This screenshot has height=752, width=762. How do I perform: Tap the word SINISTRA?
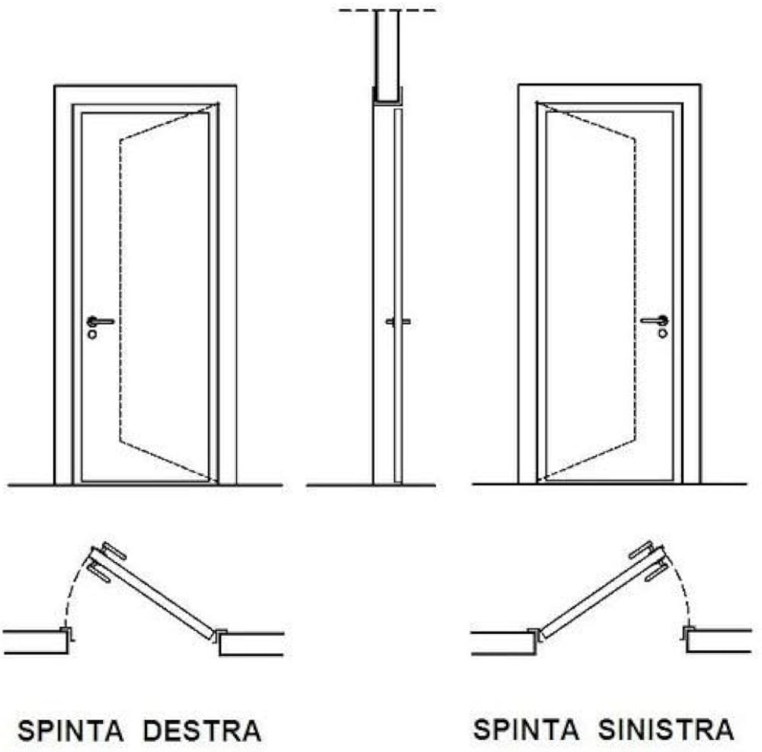[x=665, y=729]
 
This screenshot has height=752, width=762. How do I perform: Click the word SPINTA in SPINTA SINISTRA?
[x=527, y=729]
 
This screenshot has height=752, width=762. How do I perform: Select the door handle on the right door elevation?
[x=655, y=320]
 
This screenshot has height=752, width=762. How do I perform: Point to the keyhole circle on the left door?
[x=92, y=334]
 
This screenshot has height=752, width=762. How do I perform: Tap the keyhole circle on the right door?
[x=662, y=333]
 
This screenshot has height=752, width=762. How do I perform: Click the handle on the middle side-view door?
[x=398, y=322]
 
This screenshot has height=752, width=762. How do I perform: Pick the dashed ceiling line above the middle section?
[x=388, y=11]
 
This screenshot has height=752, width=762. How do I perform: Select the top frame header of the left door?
[x=145, y=95]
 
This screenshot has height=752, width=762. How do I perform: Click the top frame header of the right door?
[x=610, y=93]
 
